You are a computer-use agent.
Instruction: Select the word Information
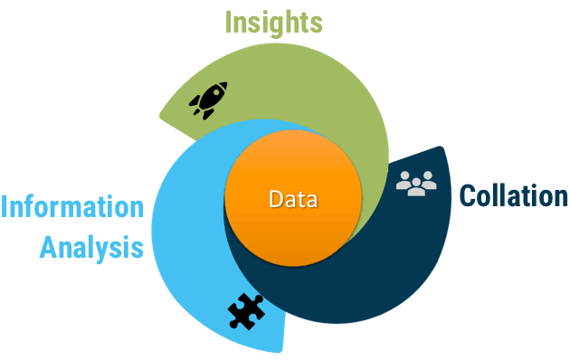point(72,207)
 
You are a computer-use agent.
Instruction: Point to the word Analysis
point(91,246)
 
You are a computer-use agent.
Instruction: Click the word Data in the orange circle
point(292,199)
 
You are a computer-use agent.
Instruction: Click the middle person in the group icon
point(416,184)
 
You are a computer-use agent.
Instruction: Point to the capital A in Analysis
point(48,246)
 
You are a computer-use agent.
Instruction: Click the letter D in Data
point(275,199)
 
